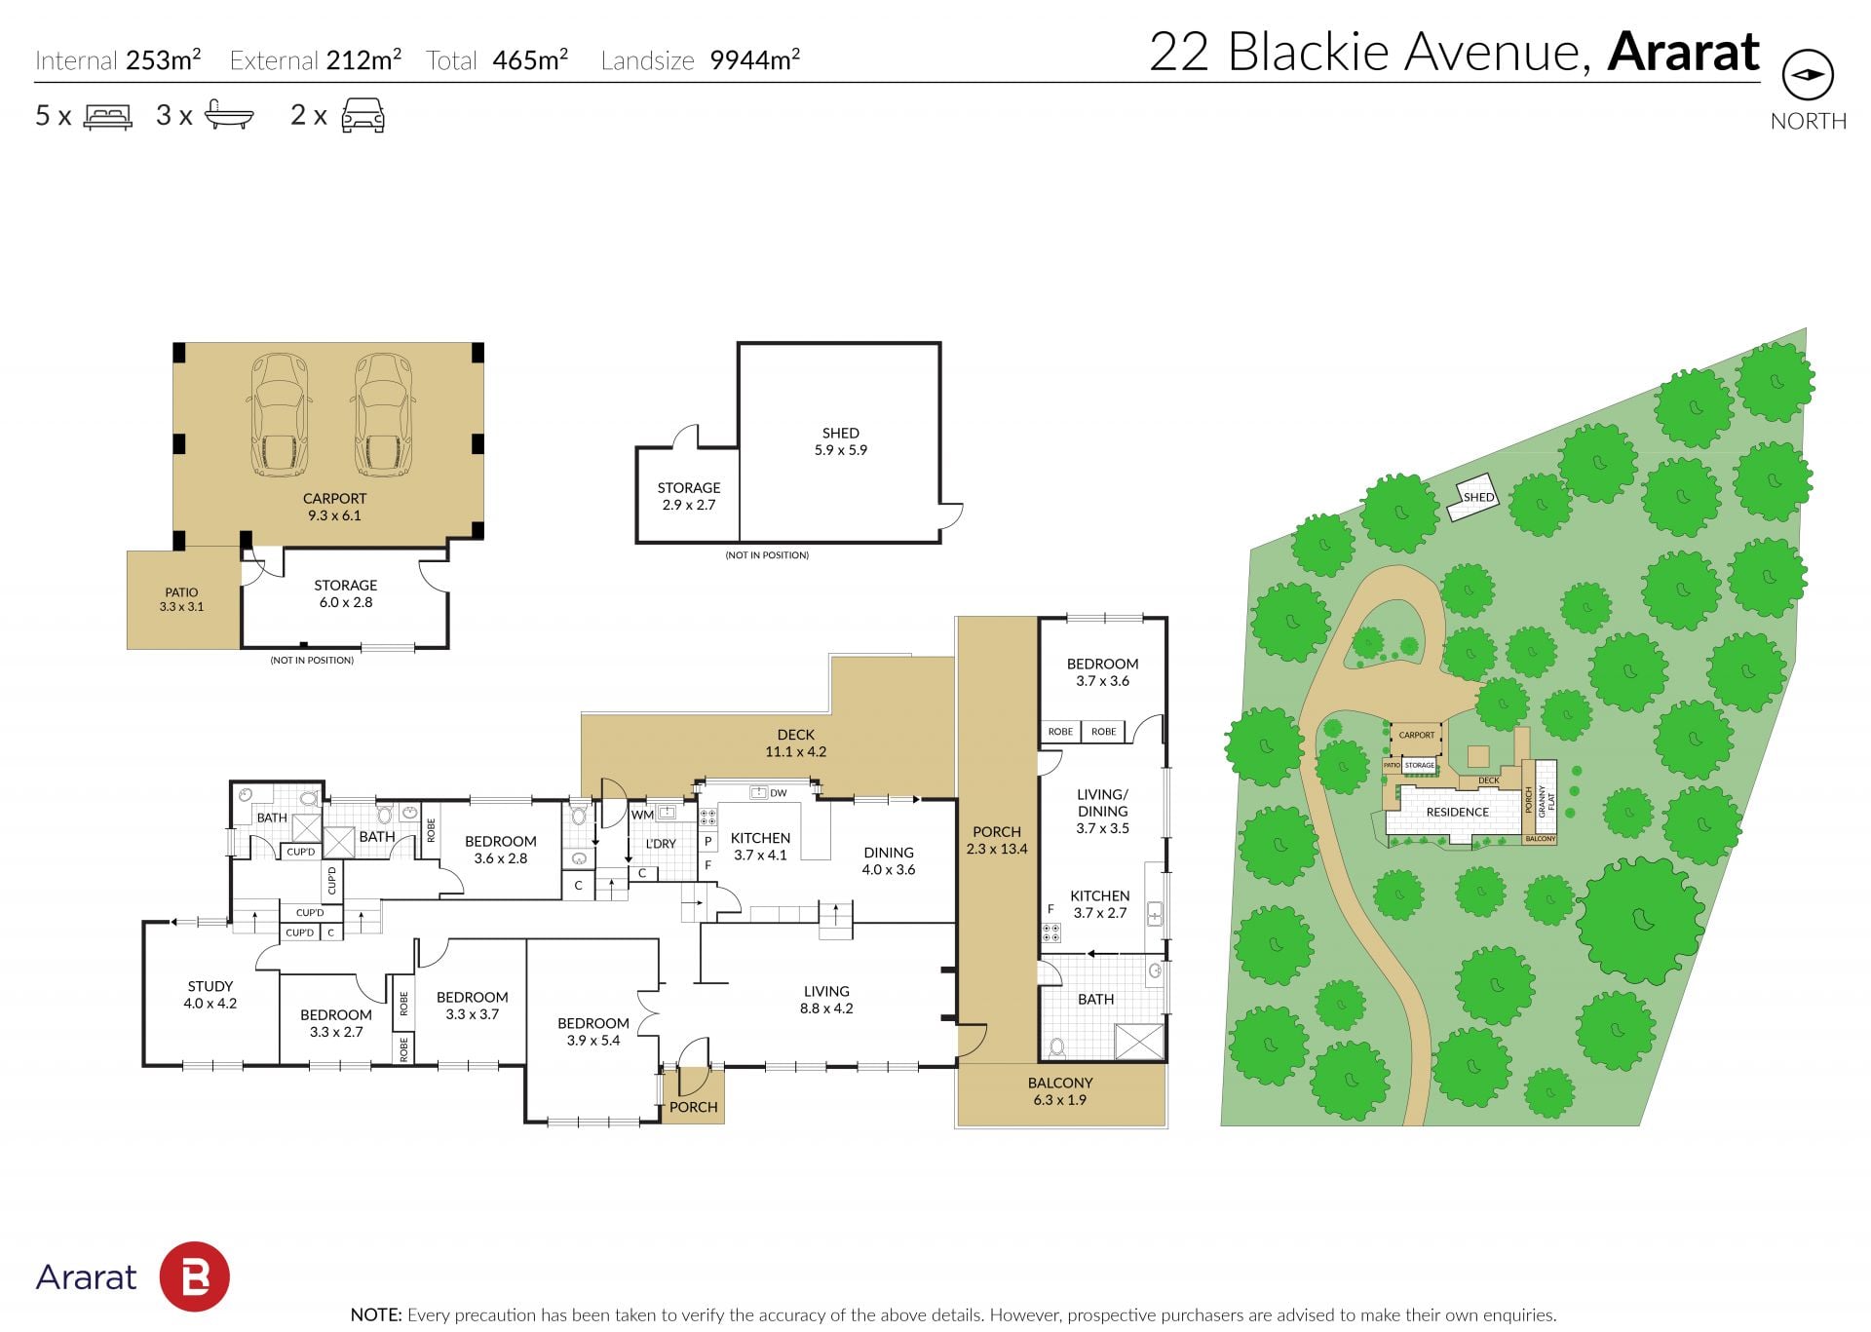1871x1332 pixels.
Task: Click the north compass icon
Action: (x=1808, y=75)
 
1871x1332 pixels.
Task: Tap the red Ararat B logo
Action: (x=195, y=1276)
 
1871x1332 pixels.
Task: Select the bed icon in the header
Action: (x=107, y=117)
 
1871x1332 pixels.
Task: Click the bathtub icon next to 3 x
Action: (x=229, y=116)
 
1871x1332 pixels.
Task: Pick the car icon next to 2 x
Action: (x=363, y=115)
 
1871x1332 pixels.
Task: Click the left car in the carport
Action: (x=281, y=415)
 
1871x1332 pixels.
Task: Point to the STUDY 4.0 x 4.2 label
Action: (x=210, y=995)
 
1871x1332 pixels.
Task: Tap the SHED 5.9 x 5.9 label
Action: (x=841, y=441)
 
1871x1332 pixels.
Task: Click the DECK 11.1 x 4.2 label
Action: (x=796, y=743)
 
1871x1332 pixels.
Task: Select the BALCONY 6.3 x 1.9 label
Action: (x=1060, y=1091)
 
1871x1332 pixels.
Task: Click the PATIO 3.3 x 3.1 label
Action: (x=181, y=599)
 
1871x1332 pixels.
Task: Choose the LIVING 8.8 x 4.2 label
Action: (x=826, y=1000)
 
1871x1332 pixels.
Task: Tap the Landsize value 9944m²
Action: (x=755, y=60)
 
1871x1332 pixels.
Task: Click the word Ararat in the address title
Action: (x=1684, y=52)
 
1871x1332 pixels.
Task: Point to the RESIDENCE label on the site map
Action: (x=1458, y=812)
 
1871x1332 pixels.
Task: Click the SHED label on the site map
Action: (x=1478, y=497)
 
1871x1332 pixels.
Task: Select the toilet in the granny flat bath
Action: (x=1057, y=1047)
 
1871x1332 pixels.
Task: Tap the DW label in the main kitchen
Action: (x=778, y=793)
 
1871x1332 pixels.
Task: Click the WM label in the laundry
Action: (x=642, y=815)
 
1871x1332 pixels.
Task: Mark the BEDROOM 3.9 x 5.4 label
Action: (x=593, y=1032)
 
